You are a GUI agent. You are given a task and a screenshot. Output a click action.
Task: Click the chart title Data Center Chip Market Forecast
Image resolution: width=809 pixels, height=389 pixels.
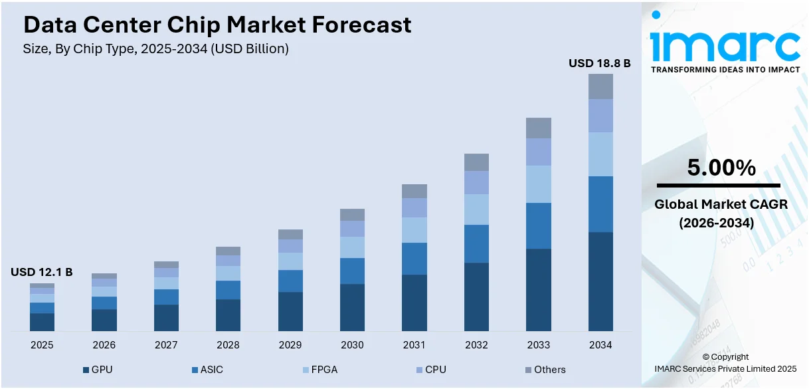pyautogui.click(x=217, y=25)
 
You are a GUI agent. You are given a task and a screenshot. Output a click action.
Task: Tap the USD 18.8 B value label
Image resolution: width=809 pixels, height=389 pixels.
pyautogui.click(x=600, y=63)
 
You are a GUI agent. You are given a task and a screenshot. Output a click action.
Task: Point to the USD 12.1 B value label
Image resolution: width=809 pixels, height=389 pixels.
pyautogui.click(x=41, y=272)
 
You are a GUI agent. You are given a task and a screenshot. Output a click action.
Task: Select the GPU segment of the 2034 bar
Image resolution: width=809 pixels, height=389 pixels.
pyautogui.click(x=600, y=281)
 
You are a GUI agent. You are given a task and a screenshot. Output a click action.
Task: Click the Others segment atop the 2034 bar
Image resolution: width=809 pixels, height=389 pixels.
pyautogui.click(x=600, y=86)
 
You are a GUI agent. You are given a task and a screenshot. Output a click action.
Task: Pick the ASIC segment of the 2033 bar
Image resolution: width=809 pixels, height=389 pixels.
pyautogui.click(x=539, y=226)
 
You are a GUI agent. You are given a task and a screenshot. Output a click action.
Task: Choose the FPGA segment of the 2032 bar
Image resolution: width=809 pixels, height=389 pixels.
pyautogui.click(x=476, y=209)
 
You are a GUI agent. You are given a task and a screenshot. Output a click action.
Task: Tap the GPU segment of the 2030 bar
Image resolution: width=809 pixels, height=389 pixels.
pyautogui.click(x=352, y=307)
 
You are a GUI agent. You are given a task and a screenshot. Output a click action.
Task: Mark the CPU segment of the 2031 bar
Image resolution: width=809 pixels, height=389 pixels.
pyautogui.click(x=414, y=207)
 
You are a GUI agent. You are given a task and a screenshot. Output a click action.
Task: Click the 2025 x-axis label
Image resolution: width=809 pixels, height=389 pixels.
pyautogui.click(x=42, y=345)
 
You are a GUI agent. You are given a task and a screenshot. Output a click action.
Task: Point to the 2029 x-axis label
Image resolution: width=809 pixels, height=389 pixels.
pyautogui.click(x=290, y=345)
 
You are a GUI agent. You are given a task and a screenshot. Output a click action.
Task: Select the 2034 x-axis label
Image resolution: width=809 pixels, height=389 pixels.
pyautogui.click(x=600, y=345)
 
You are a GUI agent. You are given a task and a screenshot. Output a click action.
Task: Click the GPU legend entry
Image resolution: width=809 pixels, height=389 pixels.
pyautogui.click(x=98, y=369)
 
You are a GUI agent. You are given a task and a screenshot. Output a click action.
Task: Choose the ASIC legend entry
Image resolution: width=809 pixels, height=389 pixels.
pyautogui.click(x=207, y=369)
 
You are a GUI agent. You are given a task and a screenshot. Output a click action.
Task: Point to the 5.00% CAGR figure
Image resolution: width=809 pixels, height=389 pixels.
pyautogui.click(x=721, y=168)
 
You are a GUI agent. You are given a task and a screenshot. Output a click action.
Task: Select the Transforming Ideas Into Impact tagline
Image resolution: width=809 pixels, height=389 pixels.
pyautogui.click(x=725, y=69)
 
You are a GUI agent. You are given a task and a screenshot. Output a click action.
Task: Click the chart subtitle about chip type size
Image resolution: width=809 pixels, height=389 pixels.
pyautogui.click(x=156, y=49)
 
